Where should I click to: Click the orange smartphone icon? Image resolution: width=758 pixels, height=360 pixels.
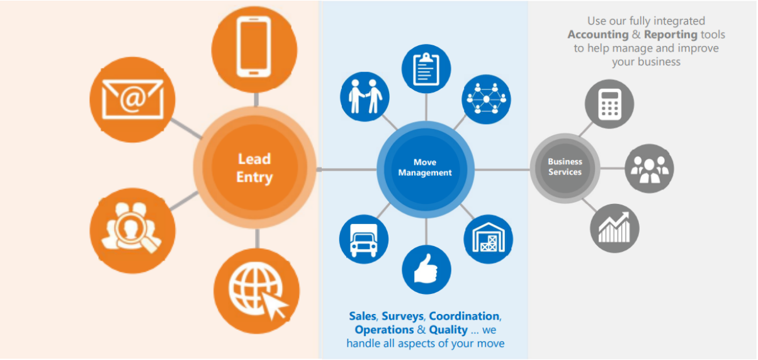[254, 45]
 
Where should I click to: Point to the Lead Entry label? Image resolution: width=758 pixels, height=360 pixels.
[254, 168]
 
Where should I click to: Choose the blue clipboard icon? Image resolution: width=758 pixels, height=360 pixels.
[426, 69]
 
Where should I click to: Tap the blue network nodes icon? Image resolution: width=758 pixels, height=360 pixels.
[486, 99]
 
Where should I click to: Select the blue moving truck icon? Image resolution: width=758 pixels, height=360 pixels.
[363, 239]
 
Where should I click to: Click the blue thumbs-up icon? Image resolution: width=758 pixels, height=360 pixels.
[426, 269]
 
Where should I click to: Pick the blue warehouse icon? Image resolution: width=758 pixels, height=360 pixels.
[488, 239]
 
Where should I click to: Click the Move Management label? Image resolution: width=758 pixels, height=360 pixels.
[425, 167]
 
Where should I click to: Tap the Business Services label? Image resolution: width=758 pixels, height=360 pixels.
[565, 167]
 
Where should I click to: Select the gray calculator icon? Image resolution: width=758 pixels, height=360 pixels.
[609, 104]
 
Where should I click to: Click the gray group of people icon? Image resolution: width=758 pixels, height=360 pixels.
[649, 169]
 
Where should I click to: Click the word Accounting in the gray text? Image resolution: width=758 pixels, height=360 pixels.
[598, 35]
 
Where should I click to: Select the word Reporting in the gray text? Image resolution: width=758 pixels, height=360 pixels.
[670, 35]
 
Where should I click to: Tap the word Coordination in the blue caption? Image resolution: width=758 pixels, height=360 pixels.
[465, 316]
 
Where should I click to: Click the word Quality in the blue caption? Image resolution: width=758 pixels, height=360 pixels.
[448, 330]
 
